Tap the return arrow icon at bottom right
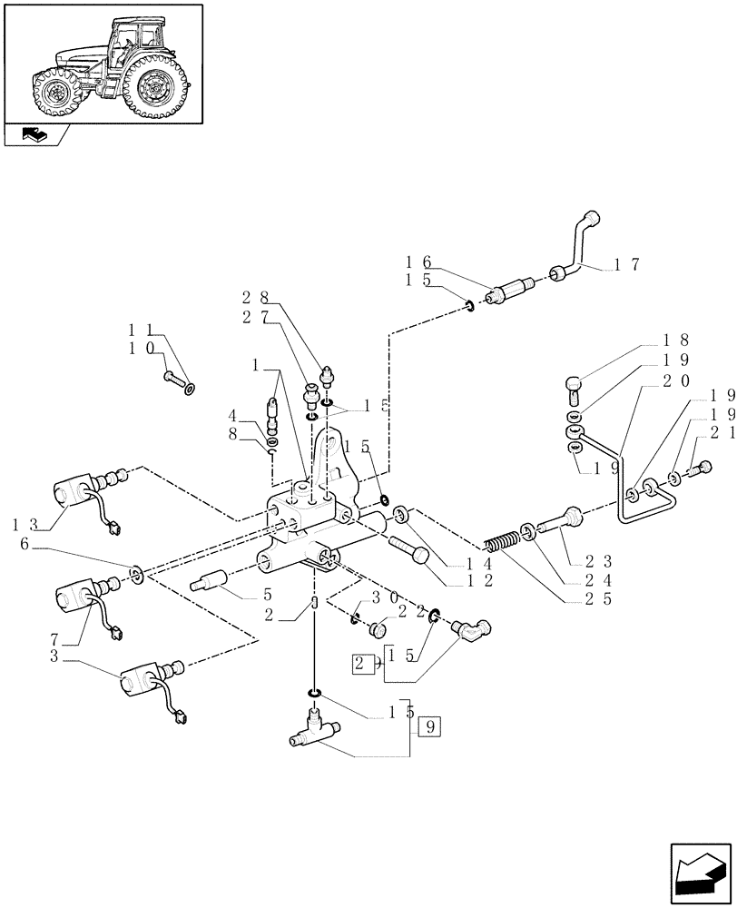[x=699, y=873]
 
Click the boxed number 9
[x=430, y=726]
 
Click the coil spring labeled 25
[x=501, y=548]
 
